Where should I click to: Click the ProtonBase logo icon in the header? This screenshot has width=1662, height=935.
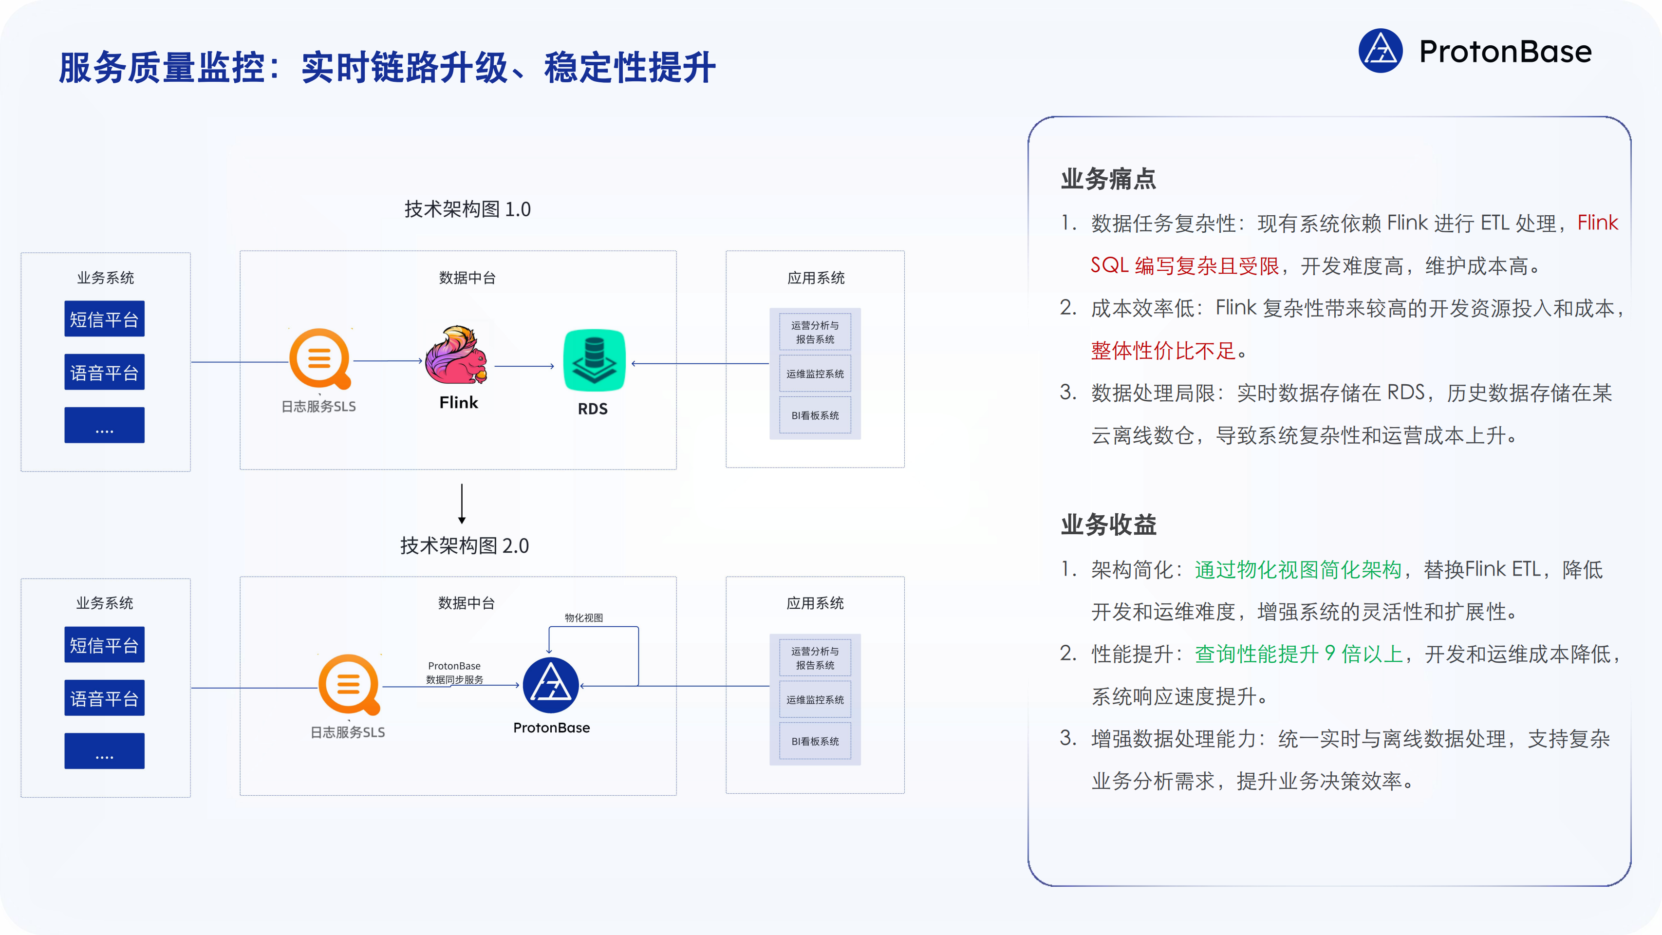click(x=1380, y=51)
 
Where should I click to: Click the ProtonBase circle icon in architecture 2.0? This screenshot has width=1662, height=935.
click(x=550, y=685)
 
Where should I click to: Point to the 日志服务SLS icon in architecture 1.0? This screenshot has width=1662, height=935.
click(x=319, y=359)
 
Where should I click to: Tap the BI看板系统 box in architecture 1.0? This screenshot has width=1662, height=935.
click(x=815, y=415)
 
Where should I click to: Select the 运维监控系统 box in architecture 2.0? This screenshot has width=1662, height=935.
click(x=815, y=699)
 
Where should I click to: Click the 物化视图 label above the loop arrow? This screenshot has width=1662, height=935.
click(x=584, y=617)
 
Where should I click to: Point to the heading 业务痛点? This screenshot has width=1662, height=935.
click(x=1108, y=179)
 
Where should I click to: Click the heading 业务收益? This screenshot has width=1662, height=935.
click(x=1108, y=524)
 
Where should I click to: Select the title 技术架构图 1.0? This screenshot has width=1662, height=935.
click(x=467, y=209)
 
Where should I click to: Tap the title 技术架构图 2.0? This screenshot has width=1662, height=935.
click(x=464, y=546)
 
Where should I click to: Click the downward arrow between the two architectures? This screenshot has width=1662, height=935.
click(x=462, y=504)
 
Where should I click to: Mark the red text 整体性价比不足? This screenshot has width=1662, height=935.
click(x=1163, y=351)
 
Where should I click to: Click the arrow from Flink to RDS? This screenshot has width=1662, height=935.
click(x=524, y=366)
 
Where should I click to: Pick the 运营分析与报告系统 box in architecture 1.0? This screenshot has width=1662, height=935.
click(x=815, y=332)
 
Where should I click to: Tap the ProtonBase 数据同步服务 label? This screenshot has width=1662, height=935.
click(x=454, y=673)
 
